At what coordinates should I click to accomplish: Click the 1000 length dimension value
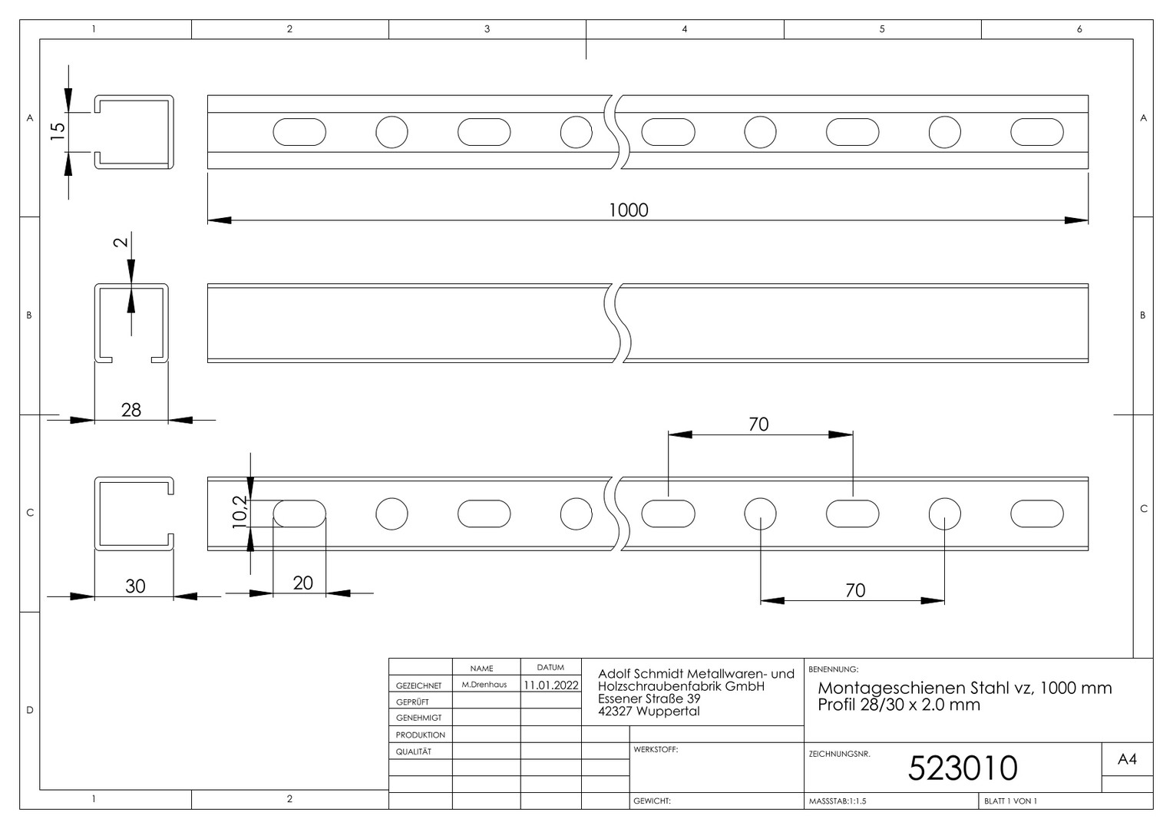[x=629, y=210]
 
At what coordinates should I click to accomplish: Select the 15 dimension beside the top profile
[x=58, y=130]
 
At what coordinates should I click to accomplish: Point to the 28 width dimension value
[x=131, y=410]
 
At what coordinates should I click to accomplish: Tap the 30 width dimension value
[x=135, y=586]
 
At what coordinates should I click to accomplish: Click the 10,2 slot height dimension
[x=240, y=511]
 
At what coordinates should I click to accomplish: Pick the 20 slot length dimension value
[x=302, y=583]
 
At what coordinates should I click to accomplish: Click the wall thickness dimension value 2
[x=121, y=242]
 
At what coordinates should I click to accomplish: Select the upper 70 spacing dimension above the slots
[x=758, y=424]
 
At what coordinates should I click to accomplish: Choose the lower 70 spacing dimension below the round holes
[x=855, y=590]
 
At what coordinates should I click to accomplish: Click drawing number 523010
[x=963, y=768]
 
